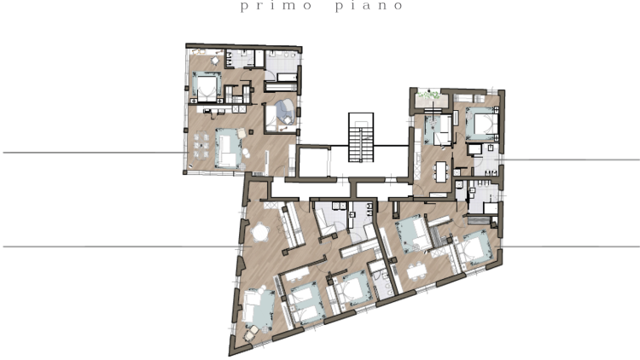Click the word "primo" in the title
coord(276,6)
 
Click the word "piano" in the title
coord(369,6)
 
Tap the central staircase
coord(361,137)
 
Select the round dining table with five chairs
coord(259,234)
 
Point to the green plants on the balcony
coord(428,96)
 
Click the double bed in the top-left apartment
coord(207,86)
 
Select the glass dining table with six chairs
coord(201,144)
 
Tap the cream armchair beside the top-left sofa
coord(241,133)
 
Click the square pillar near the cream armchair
coord(251,131)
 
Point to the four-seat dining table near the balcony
coord(441,171)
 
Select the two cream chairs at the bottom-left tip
coord(252,333)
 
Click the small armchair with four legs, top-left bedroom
coord(215,61)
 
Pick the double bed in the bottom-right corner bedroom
coord(474,248)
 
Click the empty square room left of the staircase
coord(314,162)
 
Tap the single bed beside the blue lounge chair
coord(271,119)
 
